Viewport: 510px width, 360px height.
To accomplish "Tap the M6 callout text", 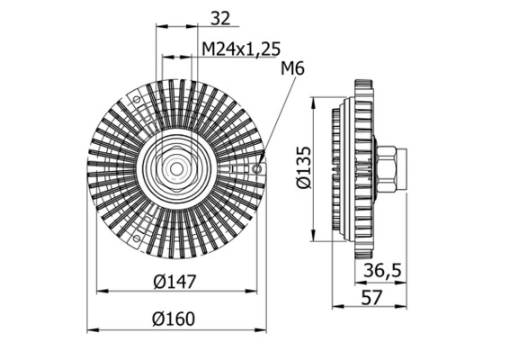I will pyautogui.click(x=293, y=69).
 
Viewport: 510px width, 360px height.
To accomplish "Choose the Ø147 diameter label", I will pyautogui.click(x=174, y=282).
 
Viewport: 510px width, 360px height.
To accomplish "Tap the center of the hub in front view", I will pyautogui.click(x=176, y=167).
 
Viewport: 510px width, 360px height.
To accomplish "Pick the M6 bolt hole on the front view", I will pyautogui.click(x=258, y=167).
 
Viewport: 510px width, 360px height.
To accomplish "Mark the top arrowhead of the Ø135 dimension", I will pyautogui.click(x=313, y=96).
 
